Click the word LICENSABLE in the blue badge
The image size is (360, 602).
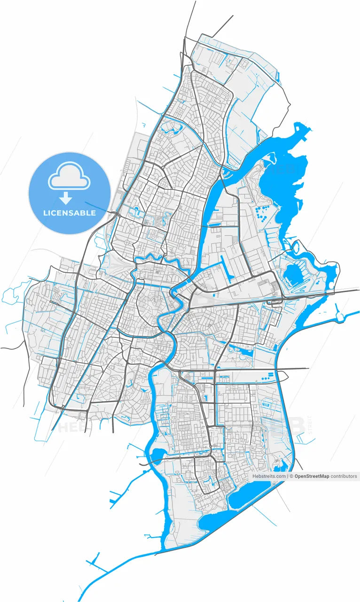click(x=69, y=213)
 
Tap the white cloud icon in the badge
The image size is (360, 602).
click(x=69, y=176)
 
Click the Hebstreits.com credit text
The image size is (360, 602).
click(x=269, y=476)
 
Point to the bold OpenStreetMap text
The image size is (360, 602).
click(x=312, y=476)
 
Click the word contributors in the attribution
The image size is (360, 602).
click(x=344, y=476)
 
